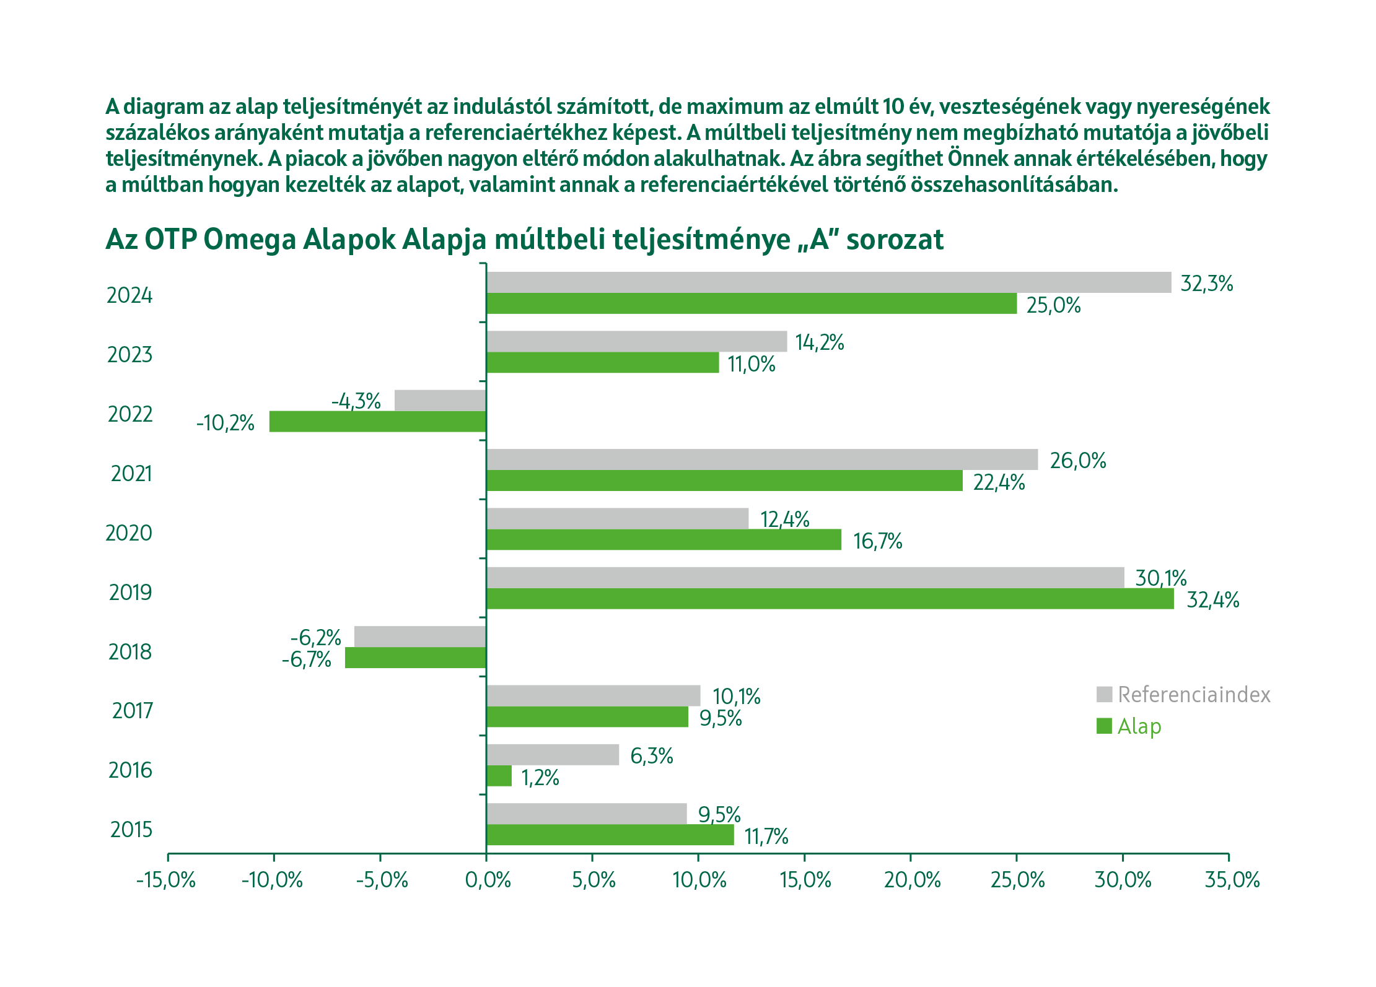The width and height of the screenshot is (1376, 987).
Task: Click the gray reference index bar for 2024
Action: pyautogui.click(x=829, y=282)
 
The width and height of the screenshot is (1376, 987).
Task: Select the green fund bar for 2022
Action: pyautogui.click(x=377, y=422)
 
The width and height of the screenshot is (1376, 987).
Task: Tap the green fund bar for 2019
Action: pyautogui.click(x=830, y=599)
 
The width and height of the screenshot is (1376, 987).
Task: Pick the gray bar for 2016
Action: pyautogui.click(x=553, y=755)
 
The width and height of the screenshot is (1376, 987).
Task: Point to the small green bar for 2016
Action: pyautogui.click(x=499, y=776)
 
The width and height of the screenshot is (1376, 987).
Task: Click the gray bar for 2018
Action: pyautogui.click(x=420, y=637)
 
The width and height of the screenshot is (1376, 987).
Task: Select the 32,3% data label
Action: pyautogui.click(x=1206, y=284)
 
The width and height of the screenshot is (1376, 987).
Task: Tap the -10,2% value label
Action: pyautogui.click(x=226, y=424)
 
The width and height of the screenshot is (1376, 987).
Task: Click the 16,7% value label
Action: pyautogui.click(x=877, y=542)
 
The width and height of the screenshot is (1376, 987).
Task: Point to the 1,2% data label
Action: pyautogui.click(x=540, y=778)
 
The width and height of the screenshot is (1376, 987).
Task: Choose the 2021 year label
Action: pyautogui.click(x=131, y=474)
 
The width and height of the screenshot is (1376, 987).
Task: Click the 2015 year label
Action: pyautogui.click(x=131, y=830)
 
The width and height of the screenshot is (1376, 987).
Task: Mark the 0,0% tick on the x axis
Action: pyautogui.click(x=488, y=880)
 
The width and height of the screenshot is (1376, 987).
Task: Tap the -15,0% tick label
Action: pyautogui.click(x=166, y=880)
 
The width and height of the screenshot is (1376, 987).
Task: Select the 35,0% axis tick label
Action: pyautogui.click(x=1232, y=880)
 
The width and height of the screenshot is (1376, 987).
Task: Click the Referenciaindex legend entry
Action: pyautogui.click(x=1193, y=695)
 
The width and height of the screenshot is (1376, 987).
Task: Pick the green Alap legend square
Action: pyautogui.click(x=1104, y=726)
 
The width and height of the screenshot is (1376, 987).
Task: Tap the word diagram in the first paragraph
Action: pyautogui.click(x=163, y=107)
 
